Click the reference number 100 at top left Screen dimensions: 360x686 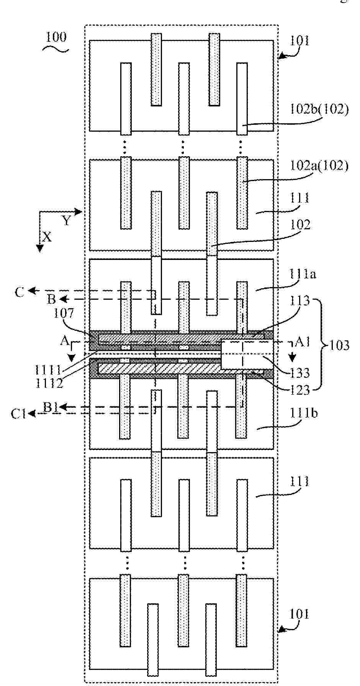click(x=56, y=37)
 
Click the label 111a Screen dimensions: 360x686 click(x=303, y=274)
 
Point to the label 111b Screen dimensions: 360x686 click(x=304, y=414)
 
